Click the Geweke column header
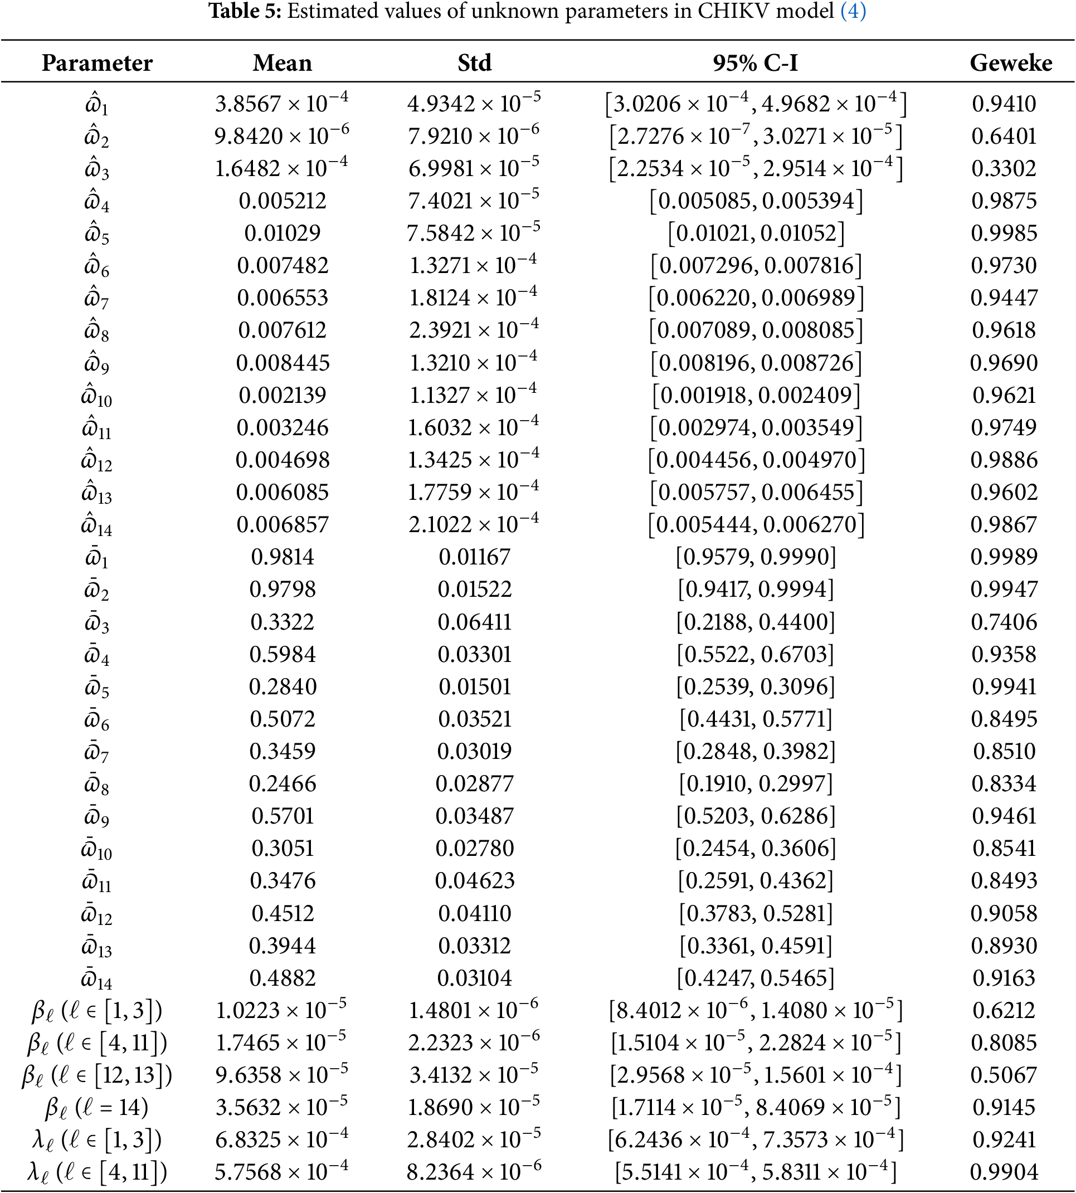click(x=1010, y=62)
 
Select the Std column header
click(x=474, y=62)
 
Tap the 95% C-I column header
click(x=755, y=62)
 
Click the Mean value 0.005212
click(x=282, y=201)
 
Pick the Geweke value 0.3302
click(x=1004, y=168)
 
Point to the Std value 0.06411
click(x=474, y=622)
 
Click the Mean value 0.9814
click(x=282, y=557)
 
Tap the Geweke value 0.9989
click(x=1004, y=557)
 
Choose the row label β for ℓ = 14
click(x=97, y=1107)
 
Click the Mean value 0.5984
click(x=282, y=654)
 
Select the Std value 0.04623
click(x=474, y=881)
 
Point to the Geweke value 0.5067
click(x=1004, y=1075)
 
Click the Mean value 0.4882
click(x=282, y=978)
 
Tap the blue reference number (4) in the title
click(x=853, y=11)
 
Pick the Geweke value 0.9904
click(x=1004, y=1172)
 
